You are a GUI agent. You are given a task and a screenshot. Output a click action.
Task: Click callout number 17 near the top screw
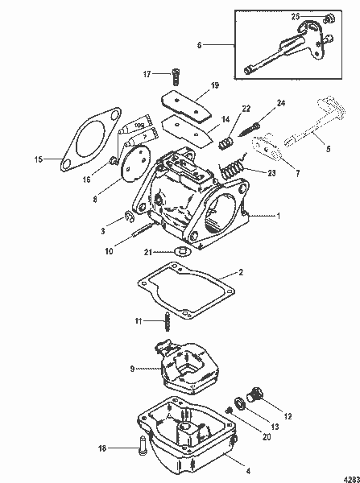pos(147,75)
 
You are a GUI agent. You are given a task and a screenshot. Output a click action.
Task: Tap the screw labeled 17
pos(172,76)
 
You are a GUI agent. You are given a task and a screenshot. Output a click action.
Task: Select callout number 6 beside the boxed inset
pos(199,45)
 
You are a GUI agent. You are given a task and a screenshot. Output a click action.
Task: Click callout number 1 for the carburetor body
pos(279,216)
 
